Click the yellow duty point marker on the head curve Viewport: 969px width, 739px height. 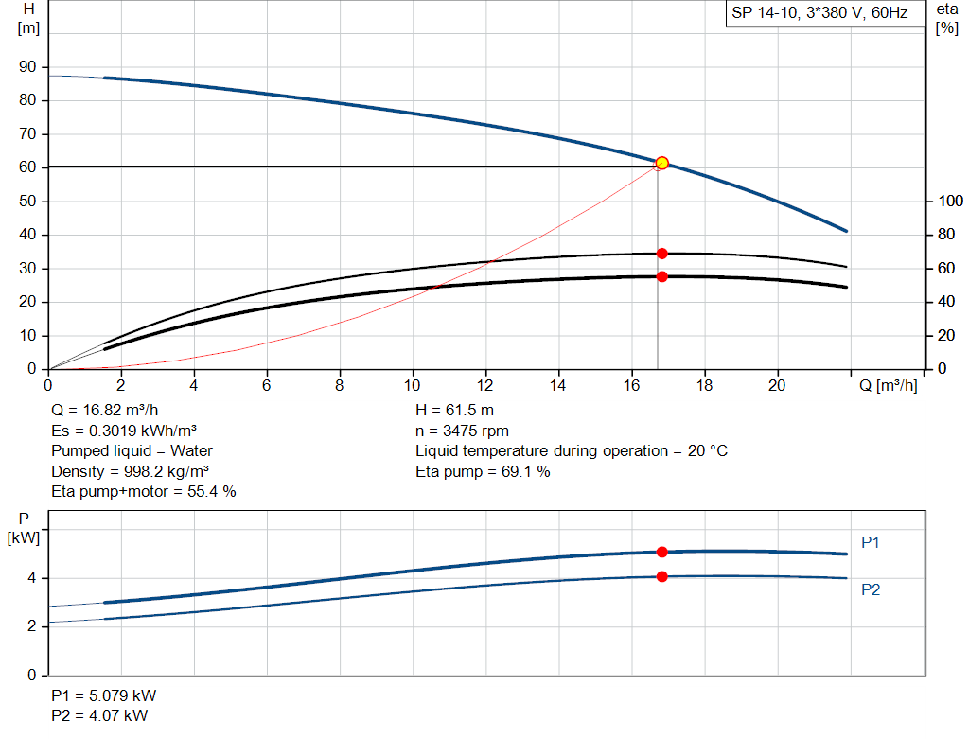pos(661,163)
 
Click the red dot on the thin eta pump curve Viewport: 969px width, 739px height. pos(661,254)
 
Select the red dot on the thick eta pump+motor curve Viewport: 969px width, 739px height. pos(661,276)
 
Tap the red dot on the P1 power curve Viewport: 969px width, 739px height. pos(661,552)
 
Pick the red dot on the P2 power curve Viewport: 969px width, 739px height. pos(661,576)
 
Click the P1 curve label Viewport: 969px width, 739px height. pos(871,542)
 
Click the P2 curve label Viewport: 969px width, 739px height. pos(871,589)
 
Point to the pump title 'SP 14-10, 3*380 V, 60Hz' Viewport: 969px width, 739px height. pos(819,13)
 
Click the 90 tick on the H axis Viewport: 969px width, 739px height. pos(28,67)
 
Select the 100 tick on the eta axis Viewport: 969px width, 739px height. pos(949,202)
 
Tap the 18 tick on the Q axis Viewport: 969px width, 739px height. pos(704,386)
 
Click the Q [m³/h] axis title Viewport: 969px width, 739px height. pos(888,386)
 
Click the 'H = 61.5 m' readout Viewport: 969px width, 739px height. pos(454,411)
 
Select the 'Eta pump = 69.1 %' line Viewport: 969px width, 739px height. pos(482,471)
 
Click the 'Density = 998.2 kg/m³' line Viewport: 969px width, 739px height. pos(130,471)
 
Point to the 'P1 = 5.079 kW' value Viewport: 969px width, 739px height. pos(102,695)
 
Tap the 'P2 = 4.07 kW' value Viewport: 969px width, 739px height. pos(98,715)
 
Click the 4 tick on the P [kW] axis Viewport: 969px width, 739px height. pos(33,578)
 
